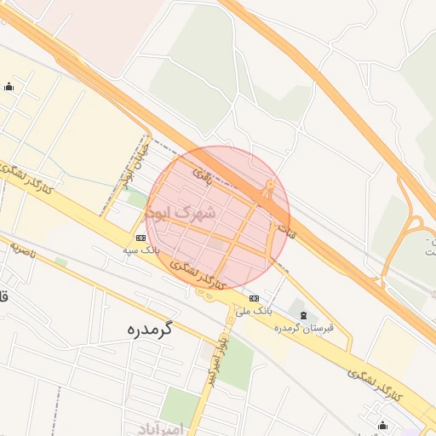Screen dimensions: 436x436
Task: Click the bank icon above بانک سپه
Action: coord(140,238)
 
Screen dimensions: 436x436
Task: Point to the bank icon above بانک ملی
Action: coord(255,297)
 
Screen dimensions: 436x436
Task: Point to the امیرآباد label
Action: coord(158,428)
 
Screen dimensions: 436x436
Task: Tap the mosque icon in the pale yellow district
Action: coord(9,86)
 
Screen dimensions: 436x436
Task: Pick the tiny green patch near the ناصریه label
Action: coord(60,261)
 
